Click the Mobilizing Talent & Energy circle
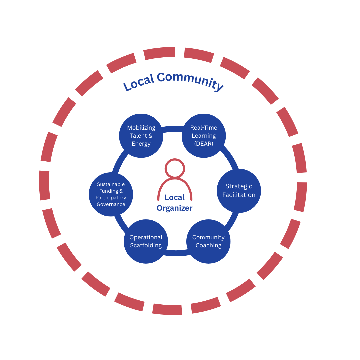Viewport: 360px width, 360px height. coord(141,136)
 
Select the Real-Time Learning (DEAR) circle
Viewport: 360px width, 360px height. coord(203,136)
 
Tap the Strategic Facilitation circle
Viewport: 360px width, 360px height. coord(239,191)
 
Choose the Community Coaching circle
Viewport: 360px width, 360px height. coord(208,241)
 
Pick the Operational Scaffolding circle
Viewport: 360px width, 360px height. coord(146,241)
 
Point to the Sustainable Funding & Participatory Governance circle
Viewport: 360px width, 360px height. coord(111,194)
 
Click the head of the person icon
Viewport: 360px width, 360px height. coord(175,169)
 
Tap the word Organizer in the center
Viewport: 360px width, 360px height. coord(175,208)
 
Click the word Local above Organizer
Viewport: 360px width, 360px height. coord(175,197)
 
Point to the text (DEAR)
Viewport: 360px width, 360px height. coord(203,144)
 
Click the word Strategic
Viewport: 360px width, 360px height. coord(239,186)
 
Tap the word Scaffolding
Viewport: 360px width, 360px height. coord(146,246)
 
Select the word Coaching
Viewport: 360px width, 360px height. coord(208,246)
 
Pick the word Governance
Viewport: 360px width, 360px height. coord(111,204)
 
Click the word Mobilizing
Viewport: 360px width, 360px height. coord(141,128)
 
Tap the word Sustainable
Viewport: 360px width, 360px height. coord(111,184)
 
